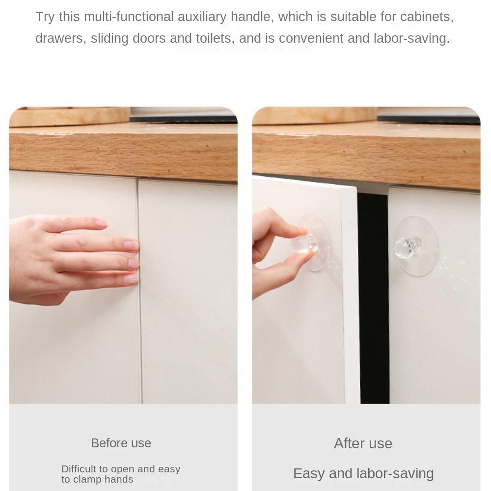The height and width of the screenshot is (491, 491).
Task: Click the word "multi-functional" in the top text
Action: (x=122, y=17)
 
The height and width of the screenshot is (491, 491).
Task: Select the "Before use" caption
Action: (x=121, y=443)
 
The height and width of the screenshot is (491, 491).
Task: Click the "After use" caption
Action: (x=363, y=443)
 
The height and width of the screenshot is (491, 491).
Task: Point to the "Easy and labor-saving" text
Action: (x=363, y=473)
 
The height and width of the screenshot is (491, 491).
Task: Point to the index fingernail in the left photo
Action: (x=102, y=223)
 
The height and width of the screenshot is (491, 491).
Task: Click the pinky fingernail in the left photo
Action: (x=131, y=279)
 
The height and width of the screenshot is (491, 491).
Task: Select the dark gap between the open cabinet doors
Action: (x=373, y=295)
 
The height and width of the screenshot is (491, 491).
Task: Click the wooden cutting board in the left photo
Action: (x=69, y=116)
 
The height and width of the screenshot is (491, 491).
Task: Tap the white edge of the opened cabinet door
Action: (x=350, y=295)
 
